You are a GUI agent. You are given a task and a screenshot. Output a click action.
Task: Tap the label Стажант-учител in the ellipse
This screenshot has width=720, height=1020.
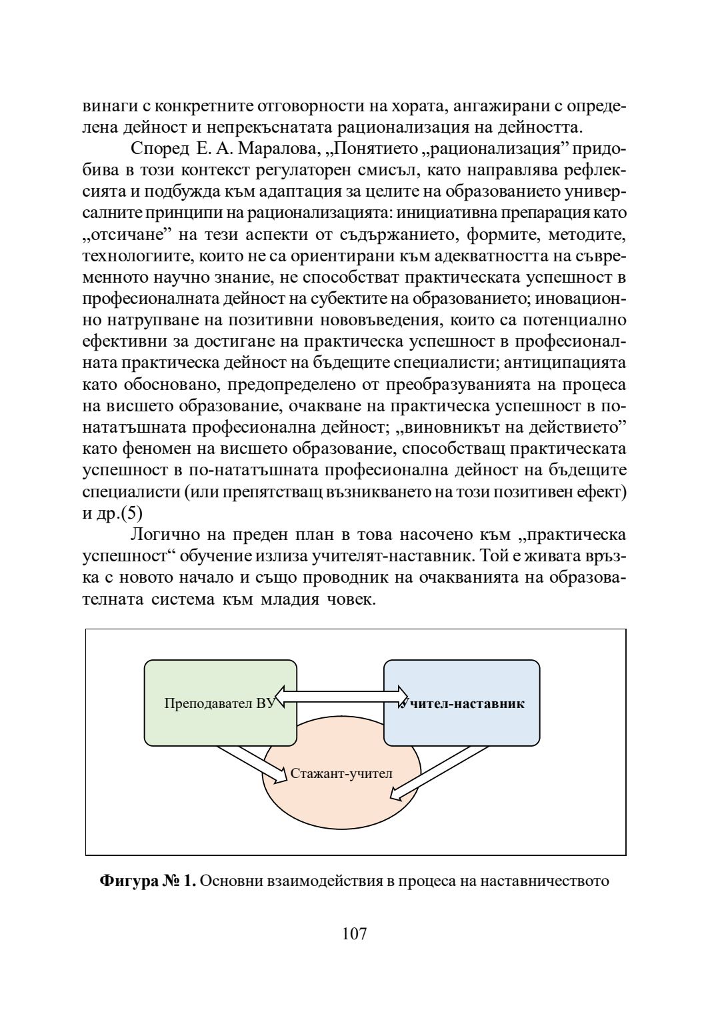click(341, 773)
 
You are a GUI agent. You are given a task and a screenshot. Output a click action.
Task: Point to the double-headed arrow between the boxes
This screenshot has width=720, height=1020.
click(341, 696)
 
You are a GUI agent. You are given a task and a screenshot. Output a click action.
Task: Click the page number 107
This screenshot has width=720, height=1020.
click(355, 934)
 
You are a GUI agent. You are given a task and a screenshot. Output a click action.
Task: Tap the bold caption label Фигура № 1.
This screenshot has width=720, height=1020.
click(147, 881)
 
